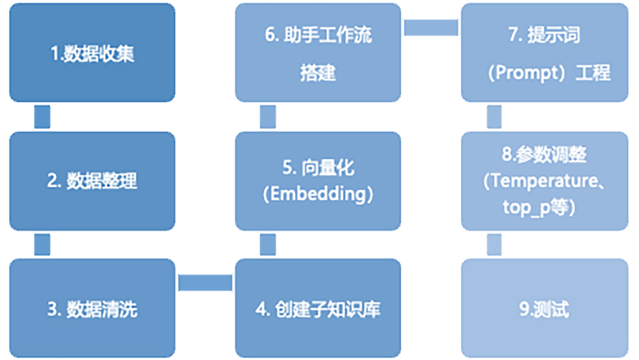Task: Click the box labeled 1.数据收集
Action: point(92,53)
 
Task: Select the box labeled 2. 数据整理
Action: point(92,181)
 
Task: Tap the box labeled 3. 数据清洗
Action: point(92,308)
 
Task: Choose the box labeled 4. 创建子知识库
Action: point(318,308)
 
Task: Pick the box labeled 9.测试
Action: point(544,308)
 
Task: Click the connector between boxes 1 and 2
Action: point(42,117)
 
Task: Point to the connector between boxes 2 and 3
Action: point(42,245)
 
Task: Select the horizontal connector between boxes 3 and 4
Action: point(205,282)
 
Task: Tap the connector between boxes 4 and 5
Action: point(267,245)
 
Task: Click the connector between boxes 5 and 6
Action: point(267,117)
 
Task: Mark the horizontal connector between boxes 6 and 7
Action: point(431,27)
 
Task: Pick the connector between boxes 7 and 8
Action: point(494,117)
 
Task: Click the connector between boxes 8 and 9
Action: point(494,245)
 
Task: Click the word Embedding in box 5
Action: point(318,195)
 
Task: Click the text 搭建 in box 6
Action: point(318,73)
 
